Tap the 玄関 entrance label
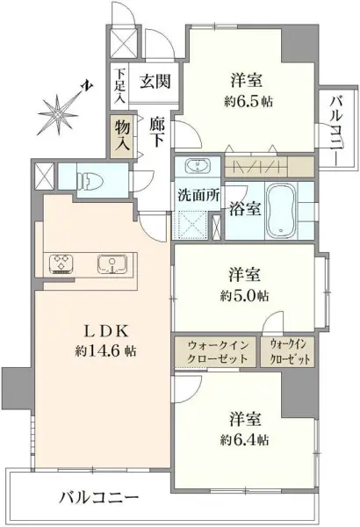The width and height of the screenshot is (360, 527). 155,82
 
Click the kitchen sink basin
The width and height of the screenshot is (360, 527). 113,264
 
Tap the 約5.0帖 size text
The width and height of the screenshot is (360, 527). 245,293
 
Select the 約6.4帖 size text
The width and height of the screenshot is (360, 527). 245,437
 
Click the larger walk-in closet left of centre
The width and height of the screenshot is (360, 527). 217,352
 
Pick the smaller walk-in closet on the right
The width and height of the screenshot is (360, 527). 290,352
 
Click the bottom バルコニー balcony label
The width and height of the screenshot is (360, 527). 98,496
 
